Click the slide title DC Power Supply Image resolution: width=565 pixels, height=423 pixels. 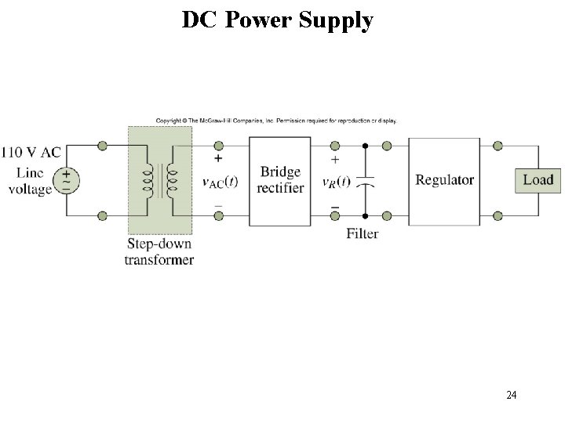[277, 20]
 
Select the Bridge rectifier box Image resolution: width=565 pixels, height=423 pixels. [280, 181]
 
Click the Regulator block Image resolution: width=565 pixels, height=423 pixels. [444, 181]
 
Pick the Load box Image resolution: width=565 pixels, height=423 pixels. [538, 180]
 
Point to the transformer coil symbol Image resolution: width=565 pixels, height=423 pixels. [159, 180]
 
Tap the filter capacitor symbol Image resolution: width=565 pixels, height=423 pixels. [366, 181]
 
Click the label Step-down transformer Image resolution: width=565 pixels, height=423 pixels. [159, 252]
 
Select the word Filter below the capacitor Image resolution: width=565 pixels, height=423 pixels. [362, 233]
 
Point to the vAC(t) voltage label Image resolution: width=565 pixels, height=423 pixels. [220, 182]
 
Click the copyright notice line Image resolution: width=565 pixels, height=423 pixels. [276, 121]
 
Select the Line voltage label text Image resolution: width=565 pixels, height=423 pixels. [30, 181]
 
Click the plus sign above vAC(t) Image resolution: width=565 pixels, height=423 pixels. [217, 158]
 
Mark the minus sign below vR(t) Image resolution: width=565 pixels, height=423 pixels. [335, 207]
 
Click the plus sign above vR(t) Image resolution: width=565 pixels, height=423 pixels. [335, 159]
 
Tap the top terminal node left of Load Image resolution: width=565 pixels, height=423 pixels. [498, 146]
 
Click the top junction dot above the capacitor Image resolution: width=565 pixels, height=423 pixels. [366, 146]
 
